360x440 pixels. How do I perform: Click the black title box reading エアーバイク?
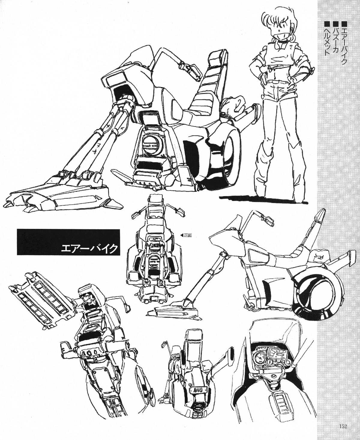(69, 242)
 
